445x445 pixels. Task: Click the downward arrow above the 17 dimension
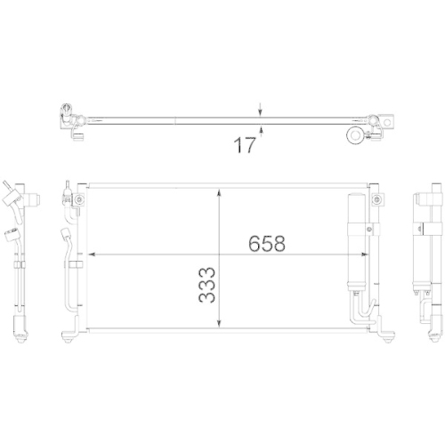(260, 109)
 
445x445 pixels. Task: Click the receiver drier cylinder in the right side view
(421, 240)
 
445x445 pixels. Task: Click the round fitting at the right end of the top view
(354, 135)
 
